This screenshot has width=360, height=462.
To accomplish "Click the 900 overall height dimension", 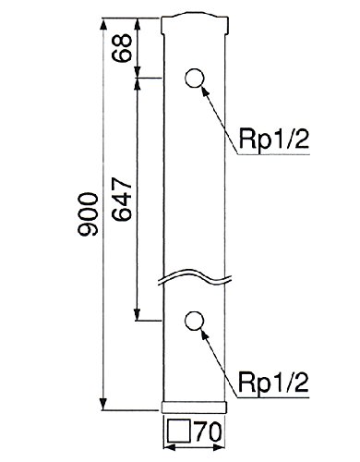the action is coord(89,214).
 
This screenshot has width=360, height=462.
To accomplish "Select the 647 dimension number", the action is coord(122,200).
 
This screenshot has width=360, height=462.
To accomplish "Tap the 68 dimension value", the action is coord(122,48).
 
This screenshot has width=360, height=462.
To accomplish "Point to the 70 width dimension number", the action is coord(209,433).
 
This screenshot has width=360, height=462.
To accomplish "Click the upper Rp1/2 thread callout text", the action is coord(273,140).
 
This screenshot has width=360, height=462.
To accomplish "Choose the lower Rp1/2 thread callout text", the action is coord(273,382).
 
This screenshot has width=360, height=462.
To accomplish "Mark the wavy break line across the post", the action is coord(195,276).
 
